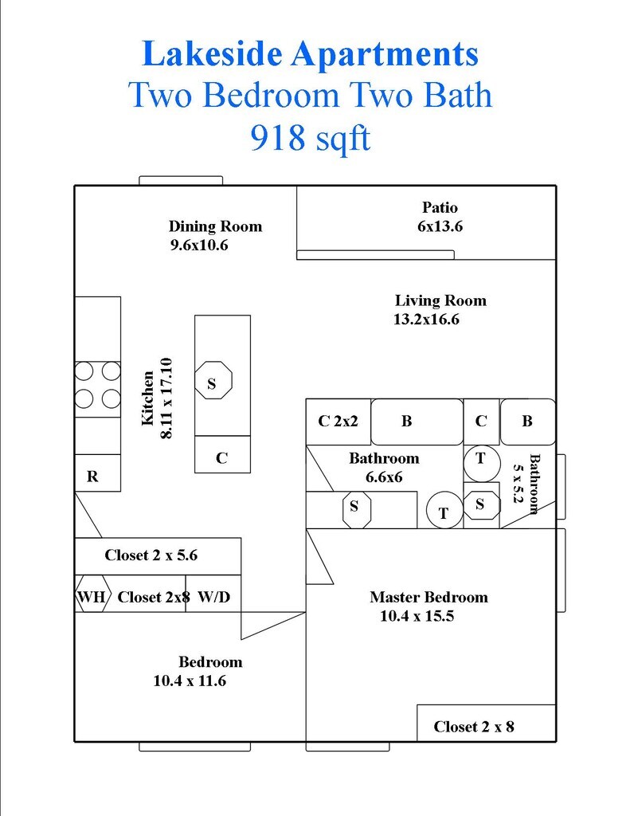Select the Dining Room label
[x=215, y=226]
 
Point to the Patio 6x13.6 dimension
[x=440, y=226]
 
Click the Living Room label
[x=440, y=300]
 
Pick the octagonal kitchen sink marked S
[x=212, y=383]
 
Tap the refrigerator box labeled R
[x=93, y=477]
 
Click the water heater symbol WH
[x=92, y=597]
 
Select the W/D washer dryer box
[x=213, y=597]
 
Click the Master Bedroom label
[x=428, y=597]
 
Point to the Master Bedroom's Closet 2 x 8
[x=473, y=727]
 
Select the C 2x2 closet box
[x=338, y=422]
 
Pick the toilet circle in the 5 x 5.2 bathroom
[x=481, y=461]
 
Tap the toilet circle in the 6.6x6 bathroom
[x=444, y=512]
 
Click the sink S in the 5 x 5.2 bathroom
[x=481, y=504]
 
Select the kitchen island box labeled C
[x=222, y=458]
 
